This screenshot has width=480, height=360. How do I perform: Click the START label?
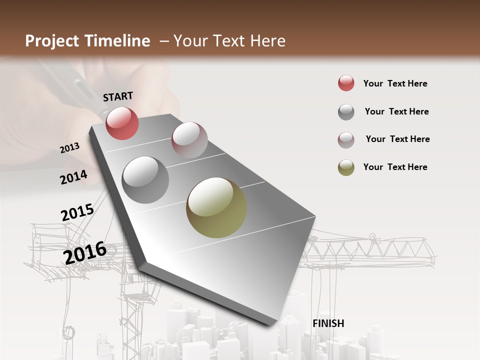click(x=118, y=96)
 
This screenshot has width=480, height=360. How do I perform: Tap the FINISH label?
click(x=328, y=323)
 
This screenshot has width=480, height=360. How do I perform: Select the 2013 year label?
click(x=70, y=147)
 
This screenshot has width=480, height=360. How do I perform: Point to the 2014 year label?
click(x=74, y=177)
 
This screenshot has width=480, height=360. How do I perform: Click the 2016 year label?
click(x=85, y=252)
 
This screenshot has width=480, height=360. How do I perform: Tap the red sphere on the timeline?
click(x=122, y=123)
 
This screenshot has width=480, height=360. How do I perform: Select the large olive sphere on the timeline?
click(x=216, y=207)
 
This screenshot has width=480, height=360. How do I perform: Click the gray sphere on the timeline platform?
click(x=145, y=180)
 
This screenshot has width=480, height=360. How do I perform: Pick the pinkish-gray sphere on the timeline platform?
click(x=189, y=140)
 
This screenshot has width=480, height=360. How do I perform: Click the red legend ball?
click(x=346, y=83)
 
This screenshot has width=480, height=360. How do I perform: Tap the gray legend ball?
click(x=346, y=112)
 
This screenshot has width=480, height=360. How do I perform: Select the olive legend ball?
click(x=346, y=167)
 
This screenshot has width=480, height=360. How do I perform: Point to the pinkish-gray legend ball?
click(x=346, y=140)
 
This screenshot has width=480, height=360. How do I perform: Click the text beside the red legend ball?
click(x=395, y=83)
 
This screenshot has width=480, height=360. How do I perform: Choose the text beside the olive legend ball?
click(x=395, y=167)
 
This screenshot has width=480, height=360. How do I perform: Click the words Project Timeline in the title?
click(x=87, y=41)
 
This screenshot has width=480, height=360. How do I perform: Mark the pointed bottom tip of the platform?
click(x=272, y=324)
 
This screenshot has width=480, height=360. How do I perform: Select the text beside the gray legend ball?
click(x=396, y=111)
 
